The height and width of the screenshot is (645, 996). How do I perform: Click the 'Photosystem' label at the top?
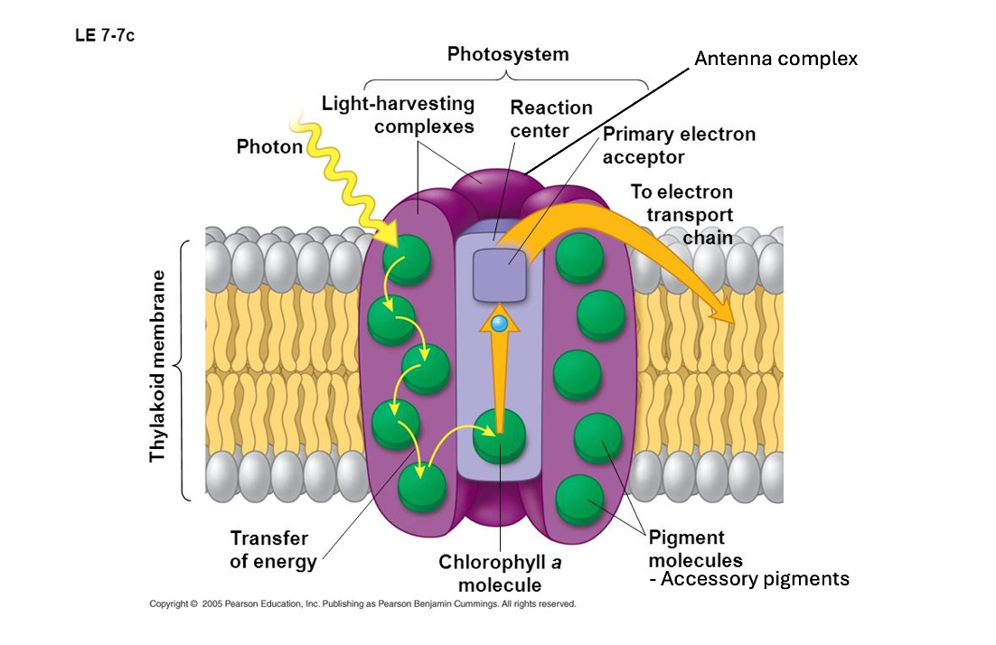pyautogui.click(x=508, y=54)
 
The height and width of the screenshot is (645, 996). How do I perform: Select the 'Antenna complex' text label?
pyautogui.click(x=775, y=59)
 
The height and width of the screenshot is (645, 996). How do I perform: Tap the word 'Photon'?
pyautogui.click(x=269, y=146)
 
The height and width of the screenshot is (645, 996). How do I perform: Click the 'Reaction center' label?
pyautogui.click(x=551, y=118)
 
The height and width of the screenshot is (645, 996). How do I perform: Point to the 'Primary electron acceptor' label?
pyautogui.click(x=679, y=145)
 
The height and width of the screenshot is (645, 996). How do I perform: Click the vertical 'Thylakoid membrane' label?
pyautogui.click(x=158, y=366)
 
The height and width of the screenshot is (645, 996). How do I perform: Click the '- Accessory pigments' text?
pyautogui.click(x=750, y=579)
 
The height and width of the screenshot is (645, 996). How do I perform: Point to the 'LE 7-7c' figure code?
pyautogui.click(x=105, y=37)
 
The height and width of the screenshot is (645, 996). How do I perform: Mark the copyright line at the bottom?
pyautogui.click(x=362, y=603)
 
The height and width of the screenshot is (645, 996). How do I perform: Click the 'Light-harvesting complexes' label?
pyautogui.click(x=398, y=115)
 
